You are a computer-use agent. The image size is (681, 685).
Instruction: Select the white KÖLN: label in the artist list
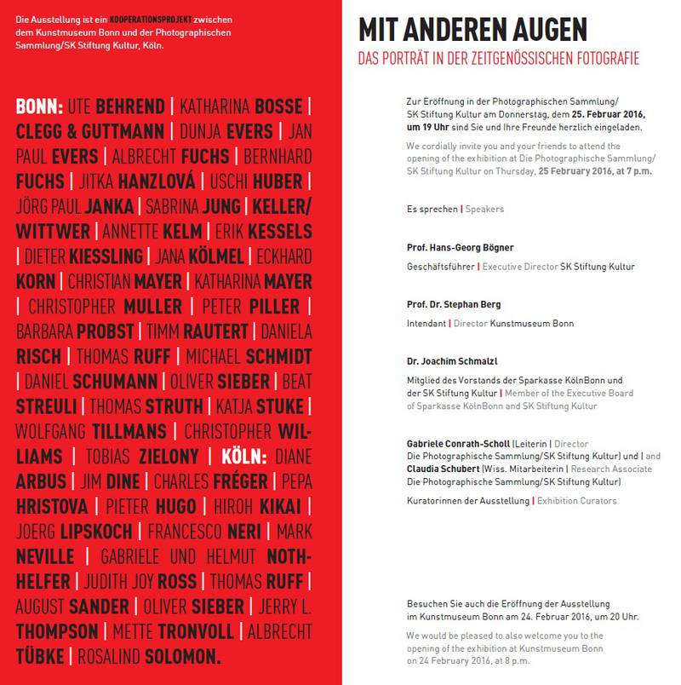(244, 456)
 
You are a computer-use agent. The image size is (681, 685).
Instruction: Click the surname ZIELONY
(169, 456)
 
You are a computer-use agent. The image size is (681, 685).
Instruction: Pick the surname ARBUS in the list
(40, 481)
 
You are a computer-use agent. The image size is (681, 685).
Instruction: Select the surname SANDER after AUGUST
(99, 607)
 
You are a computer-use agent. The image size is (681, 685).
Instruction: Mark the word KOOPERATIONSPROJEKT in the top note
(143, 19)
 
